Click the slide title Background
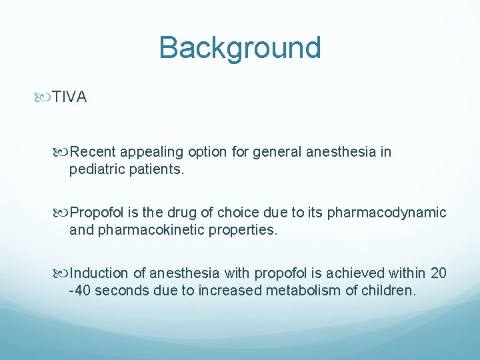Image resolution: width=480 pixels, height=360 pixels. point(240,48)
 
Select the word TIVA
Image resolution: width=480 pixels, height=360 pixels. point(70,97)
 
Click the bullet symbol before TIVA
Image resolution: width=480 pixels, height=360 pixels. point(45,97)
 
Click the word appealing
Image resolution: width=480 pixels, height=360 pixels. point(145,152)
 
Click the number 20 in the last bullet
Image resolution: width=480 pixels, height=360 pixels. point(439,273)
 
